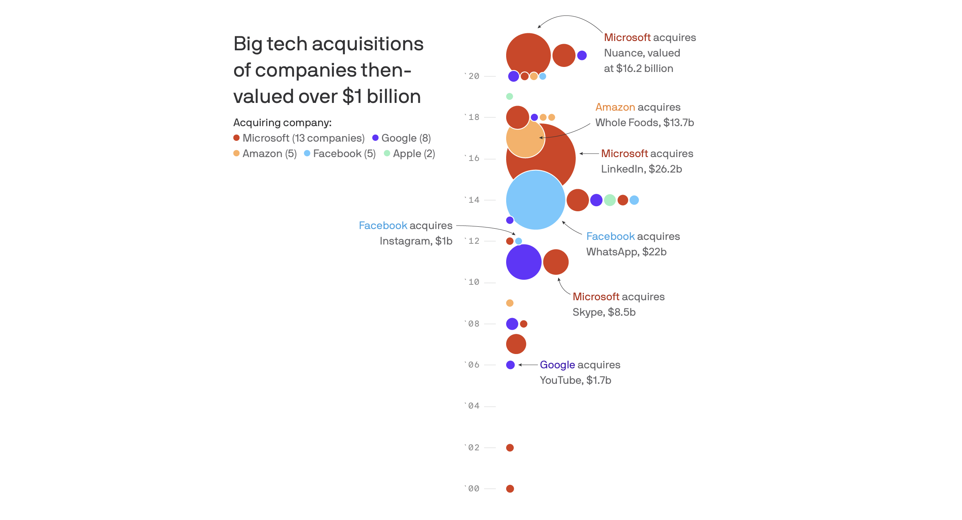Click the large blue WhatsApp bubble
[x=536, y=200]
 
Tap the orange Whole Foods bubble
[x=525, y=138]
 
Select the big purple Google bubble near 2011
[x=524, y=262]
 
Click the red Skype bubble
[x=556, y=262]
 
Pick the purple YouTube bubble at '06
[x=510, y=365]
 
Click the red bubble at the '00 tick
[x=510, y=489]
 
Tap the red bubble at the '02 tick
[x=510, y=448]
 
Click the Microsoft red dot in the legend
[x=236, y=138]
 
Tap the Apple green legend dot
[x=387, y=153]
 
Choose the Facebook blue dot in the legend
[x=307, y=153]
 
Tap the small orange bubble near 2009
[x=510, y=303]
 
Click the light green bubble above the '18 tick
[x=510, y=96]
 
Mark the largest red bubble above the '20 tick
[x=528, y=55]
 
